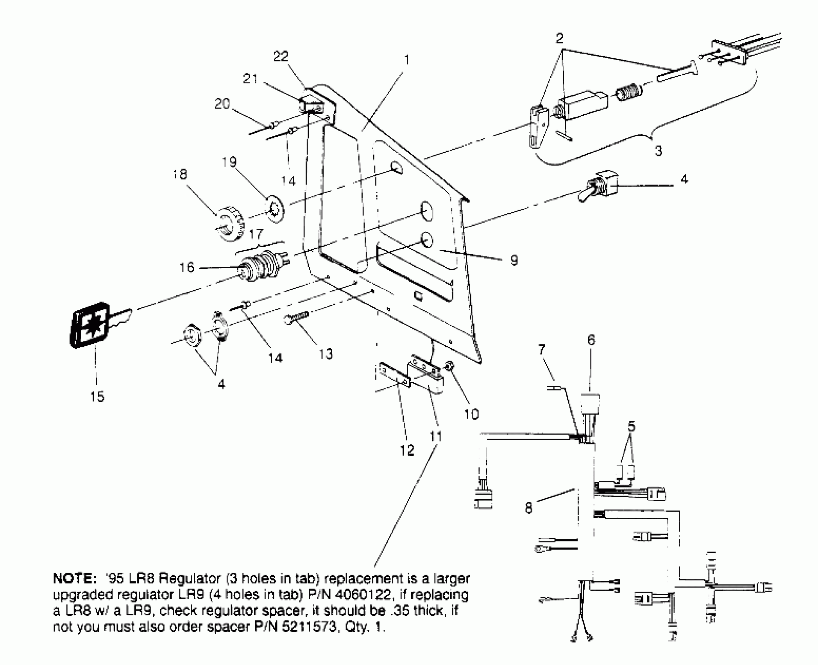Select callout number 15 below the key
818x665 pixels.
[x=97, y=396]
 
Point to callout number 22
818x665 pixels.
[x=281, y=56]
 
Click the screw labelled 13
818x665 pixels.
[x=296, y=316]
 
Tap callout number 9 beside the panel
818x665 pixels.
[x=514, y=260]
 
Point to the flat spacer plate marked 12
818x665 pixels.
[x=395, y=375]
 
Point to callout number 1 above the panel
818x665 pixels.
[x=406, y=60]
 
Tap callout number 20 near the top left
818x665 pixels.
[x=222, y=104]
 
